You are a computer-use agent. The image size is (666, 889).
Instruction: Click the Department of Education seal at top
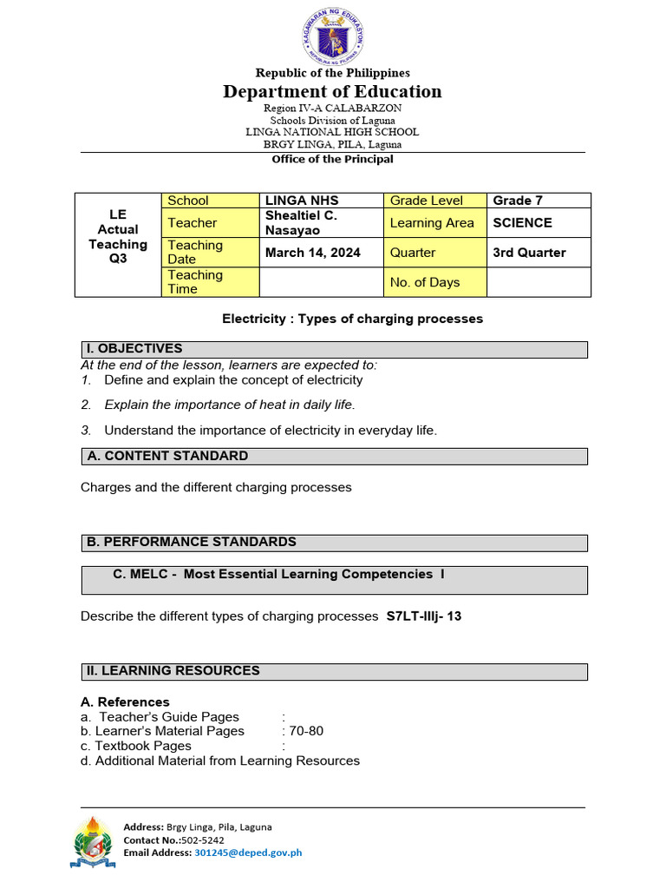click(x=333, y=35)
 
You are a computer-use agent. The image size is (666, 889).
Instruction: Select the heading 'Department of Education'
click(x=333, y=91)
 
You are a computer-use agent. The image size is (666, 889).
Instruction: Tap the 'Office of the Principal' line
click(x=333, y=159)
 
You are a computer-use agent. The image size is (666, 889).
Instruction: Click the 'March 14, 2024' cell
click(x=313, y=253)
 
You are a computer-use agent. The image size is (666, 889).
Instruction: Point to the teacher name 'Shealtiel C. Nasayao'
click(x=301, y=222)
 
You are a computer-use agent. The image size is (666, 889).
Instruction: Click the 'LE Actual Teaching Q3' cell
click(x=118, y=236)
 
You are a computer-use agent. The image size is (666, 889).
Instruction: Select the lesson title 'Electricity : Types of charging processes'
click(x=352, y=319)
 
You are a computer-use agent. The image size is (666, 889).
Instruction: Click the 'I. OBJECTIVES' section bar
click(x=334, y=349)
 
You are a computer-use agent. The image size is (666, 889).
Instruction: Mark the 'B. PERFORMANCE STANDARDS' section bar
click(x=334, y=543)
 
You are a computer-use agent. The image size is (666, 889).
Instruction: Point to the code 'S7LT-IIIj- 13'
click(x=423, y=616)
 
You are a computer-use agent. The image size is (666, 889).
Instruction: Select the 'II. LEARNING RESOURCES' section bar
click(x=334, y=671)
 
